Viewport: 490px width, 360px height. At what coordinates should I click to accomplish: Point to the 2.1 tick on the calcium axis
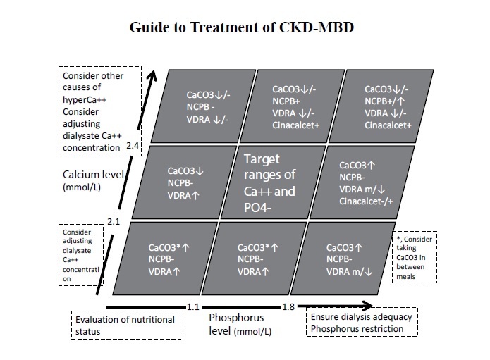pyautogui.click(x=114, y=222)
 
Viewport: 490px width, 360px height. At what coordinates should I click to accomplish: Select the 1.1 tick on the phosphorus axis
pyautogui.click(x=194, y=306)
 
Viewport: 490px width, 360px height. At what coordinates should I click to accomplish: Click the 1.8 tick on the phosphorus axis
pyautogui.click(x=288, y=306)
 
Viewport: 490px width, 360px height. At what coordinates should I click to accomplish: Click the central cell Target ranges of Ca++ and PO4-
pyautogui.click(x=269, y=182)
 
